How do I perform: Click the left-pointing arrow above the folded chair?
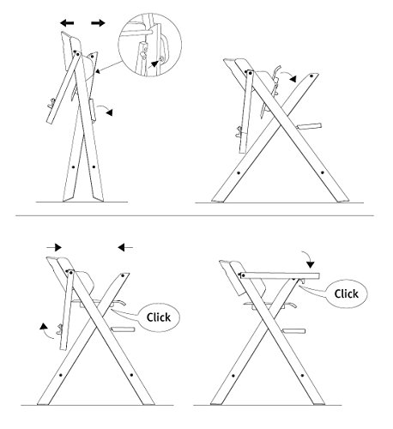coord(67,23)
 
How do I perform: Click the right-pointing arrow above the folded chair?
coord(98,23)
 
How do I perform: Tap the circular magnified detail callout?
coord(150,45)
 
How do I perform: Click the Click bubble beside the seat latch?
coord(158,317)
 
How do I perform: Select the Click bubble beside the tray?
coord(346,293)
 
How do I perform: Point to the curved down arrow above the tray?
coord(307,258)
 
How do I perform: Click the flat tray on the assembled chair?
coord(280,276)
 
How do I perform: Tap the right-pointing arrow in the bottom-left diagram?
coord(54,247)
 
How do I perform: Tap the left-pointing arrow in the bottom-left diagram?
coord(125,247)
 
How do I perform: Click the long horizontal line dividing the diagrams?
coord(195,215)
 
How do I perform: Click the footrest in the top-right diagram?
coord(309,126)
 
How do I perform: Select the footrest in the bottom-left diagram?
coord(123,329)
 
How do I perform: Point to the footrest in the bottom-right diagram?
coord(293,331)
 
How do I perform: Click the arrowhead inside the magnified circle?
coord(154,63)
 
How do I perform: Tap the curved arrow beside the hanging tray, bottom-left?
coord(45,331)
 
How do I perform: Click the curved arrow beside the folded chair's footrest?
coord(104,108)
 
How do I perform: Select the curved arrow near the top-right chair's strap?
coord(287,76)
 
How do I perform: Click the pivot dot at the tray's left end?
coord(243,275)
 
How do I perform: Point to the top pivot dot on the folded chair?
coord(76,53)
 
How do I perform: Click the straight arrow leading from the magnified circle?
coord(109,68)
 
